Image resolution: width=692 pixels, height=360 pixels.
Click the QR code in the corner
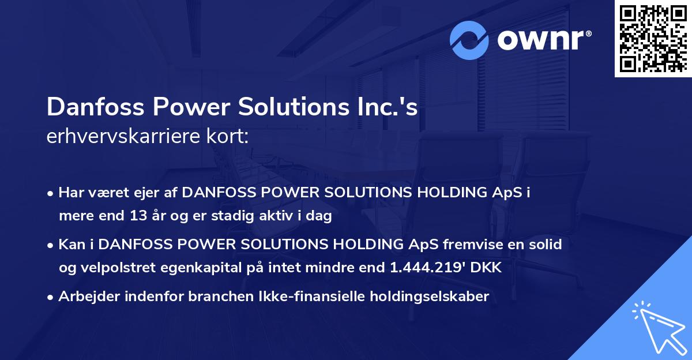(x=653, y=39)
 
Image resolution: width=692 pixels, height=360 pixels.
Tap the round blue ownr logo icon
(x=470, y=40)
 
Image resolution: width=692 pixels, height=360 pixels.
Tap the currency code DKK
(x=487, y=268)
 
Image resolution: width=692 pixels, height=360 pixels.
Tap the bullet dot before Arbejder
(x=52, y=298)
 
